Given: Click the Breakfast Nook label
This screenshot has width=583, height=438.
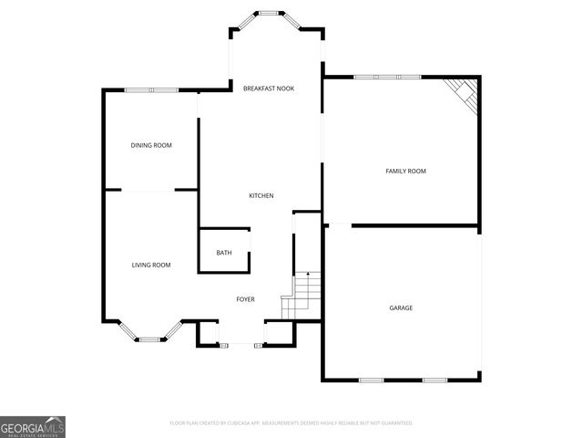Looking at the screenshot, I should coord(268,89).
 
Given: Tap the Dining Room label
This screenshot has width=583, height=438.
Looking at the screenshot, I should coord(151,145).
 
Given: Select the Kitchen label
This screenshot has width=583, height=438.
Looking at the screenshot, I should coord(261,196).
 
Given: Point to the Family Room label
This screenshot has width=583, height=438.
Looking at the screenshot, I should coord(405,171).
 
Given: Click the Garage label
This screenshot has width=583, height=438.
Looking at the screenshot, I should coord(401,308).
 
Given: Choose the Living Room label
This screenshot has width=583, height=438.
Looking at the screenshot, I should coord(151,265).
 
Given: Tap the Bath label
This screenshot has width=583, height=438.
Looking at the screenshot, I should coord(224,253).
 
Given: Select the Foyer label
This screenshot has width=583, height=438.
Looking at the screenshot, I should coord(246,299).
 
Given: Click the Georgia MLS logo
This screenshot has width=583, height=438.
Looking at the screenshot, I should coord(33,426).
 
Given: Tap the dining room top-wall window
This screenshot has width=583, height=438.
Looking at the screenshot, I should coord(151,89).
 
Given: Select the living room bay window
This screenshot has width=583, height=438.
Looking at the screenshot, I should coord(149,339).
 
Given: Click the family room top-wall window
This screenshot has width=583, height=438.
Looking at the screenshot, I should coord(387,77).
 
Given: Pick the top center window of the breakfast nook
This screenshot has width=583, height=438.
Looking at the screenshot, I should coord(268,13).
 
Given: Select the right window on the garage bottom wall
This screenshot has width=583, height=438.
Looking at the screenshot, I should coord(434,380).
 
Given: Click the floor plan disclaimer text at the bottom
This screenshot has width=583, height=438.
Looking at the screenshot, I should coord(291,423).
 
